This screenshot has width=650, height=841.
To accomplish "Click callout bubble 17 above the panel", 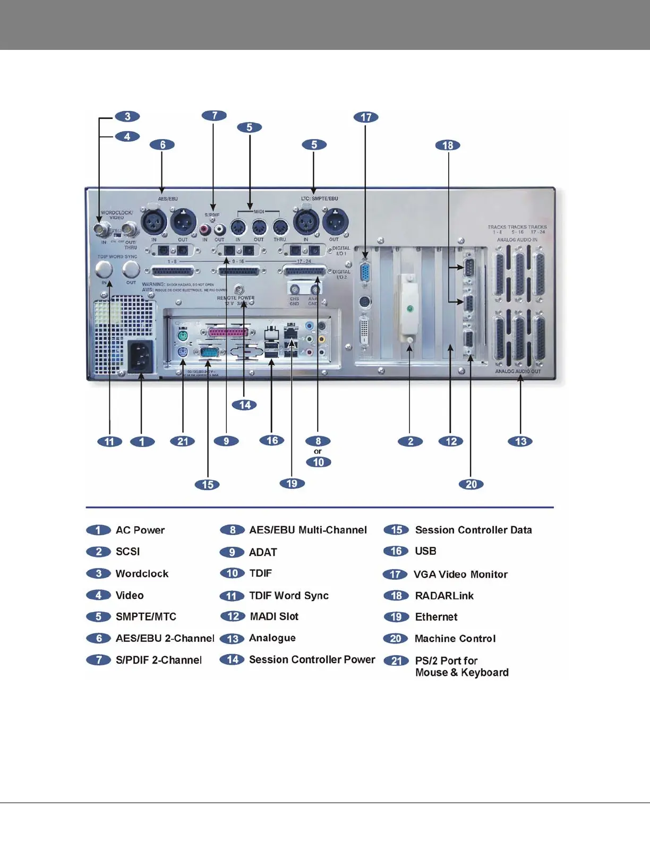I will pyautogui.click(x=366, y=117).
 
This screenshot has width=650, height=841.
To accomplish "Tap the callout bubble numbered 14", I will pyautogui.click(x=244, y=405).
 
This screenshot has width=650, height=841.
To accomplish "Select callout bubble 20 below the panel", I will pyautogui.click(x=471, y=484).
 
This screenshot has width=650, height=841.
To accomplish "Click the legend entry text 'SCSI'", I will pyautogui.click(x=127, y=552).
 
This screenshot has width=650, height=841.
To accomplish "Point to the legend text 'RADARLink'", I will pyautogui.click(x=444, y=596).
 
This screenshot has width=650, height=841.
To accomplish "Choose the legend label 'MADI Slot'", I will pyautogui.click(x=274, y=616).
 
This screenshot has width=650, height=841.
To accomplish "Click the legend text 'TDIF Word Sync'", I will pyautogui.click(x=289, y=596).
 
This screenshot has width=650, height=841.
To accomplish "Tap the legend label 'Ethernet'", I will pyautogui.click(x=436, y=617).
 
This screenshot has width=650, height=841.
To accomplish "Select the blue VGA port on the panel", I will pyautogui.click(x=365, y=272).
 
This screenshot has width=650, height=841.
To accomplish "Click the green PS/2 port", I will pyautogui.click(x=182, y=337).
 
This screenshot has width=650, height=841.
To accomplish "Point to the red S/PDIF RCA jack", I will pyautogui.click(x=205, y=230).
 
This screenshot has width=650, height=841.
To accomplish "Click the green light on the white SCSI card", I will pyautogui.click(x=409, y=308).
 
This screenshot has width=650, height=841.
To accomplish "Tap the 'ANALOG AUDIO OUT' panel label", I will pyautogui.click(x=518, y=372).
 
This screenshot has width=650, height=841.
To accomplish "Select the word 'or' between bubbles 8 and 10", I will pyautogui.click(x=318, y=452).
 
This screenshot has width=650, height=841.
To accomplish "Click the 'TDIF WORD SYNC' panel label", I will pyautogui.click(x=117, y=257).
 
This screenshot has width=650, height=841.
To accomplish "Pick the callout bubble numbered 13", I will pyautogui.click(x=520, y=441).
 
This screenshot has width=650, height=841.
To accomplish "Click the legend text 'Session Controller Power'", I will pyautogui.click(x=312, y=659).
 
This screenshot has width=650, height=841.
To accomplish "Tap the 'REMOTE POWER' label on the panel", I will pyautogui.click(x=235, y=298).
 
